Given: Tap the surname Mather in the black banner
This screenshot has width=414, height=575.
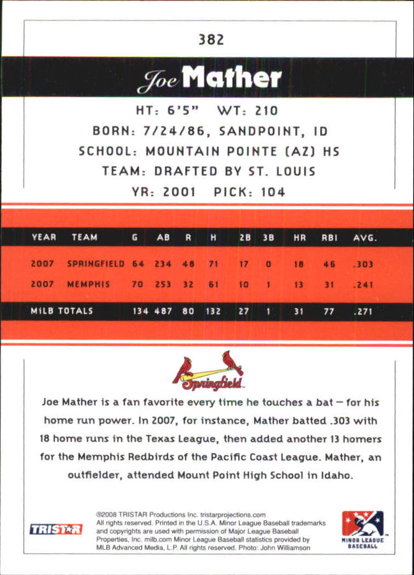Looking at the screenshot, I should [232, 79].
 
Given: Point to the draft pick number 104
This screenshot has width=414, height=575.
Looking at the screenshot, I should [272, 192].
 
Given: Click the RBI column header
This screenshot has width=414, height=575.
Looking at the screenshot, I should [329, 238].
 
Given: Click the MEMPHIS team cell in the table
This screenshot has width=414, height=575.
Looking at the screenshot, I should [88, 285].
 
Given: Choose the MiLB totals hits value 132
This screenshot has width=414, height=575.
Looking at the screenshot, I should [213, 311].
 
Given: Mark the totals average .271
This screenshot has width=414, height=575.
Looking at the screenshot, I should [363, 311].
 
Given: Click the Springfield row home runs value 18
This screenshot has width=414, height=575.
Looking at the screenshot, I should [298, 264].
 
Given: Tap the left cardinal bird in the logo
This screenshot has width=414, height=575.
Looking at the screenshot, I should [185, 369].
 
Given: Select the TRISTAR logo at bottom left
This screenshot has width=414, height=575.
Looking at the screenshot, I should [55, 529].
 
